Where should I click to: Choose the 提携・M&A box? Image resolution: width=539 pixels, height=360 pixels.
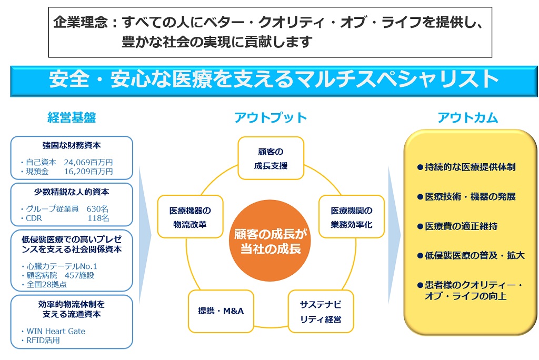point(217,311)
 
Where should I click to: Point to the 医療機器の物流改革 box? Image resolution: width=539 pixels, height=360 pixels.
point(190,217)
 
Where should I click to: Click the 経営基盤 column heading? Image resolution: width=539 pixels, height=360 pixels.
point(72,118)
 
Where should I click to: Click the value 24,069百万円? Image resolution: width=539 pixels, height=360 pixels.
point(88,162)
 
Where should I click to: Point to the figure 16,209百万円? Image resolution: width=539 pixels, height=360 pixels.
point(88,171)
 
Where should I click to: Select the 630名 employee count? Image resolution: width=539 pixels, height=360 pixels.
point(97,208)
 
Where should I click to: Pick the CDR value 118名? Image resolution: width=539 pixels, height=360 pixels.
point(98,217)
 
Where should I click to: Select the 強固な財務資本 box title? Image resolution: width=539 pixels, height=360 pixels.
point(72,145)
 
